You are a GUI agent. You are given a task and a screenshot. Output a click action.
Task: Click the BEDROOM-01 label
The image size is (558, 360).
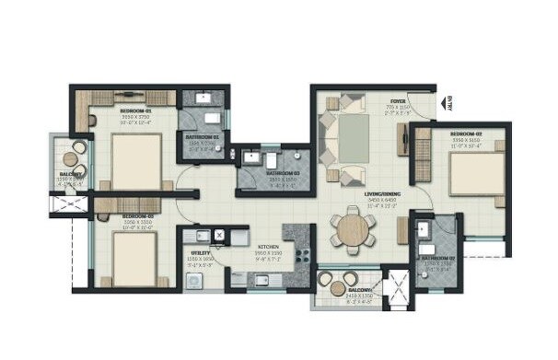[136, 110]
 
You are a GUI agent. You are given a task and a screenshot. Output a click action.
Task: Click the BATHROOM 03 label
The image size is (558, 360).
[281, 172]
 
